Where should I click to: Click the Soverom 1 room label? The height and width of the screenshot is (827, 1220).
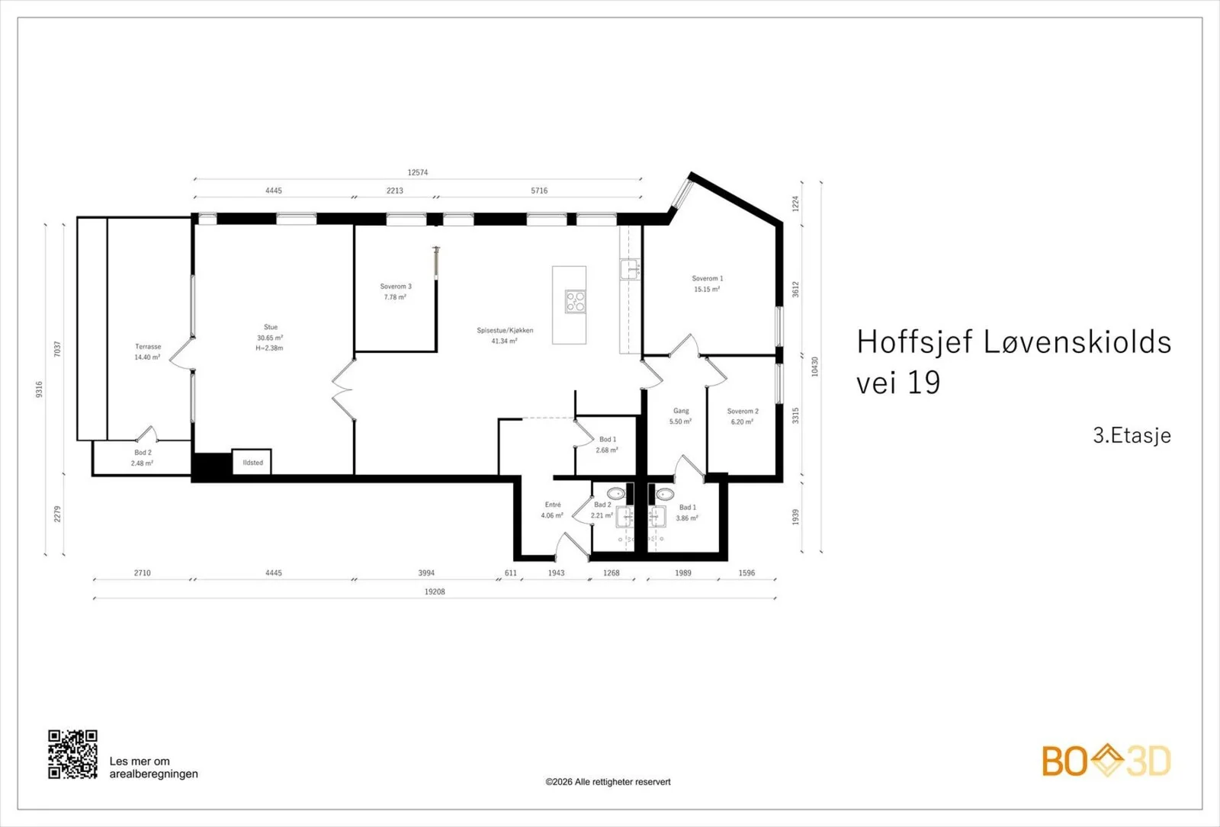coord(708,278)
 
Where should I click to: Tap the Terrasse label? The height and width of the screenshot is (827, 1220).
coord(148,346)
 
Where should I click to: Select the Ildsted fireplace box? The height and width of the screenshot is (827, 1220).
coord(252,462)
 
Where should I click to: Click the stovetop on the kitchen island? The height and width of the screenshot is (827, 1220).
coord(575,301)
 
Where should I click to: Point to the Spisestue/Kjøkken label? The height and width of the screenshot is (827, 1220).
coord(505,330)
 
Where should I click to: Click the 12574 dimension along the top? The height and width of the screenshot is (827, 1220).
coord(418,172)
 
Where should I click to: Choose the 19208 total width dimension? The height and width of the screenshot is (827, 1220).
coord(435,591)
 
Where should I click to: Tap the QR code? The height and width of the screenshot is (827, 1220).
coord(73,754)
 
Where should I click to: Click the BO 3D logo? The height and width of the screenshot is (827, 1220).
coord(1106,761)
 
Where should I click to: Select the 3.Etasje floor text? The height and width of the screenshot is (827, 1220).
coord(1132,435)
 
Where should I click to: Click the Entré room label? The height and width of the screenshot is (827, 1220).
coord(553,505)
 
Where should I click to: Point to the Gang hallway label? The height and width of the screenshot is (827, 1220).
coord(681,411)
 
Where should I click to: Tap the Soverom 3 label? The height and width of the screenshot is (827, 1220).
coord(396,287)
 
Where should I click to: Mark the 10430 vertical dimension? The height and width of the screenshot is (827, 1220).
coord(815,367)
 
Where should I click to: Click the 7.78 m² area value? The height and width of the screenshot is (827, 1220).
coord(396,297)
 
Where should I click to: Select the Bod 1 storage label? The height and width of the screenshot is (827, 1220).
coord(608,439)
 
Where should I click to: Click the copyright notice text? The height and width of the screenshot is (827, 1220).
coord(608,782)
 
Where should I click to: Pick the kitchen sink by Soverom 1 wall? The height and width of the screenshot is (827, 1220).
coord(630,269)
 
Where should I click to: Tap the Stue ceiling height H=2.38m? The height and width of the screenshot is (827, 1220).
coord(270,348)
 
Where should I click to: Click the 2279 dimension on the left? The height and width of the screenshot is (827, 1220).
coord(58,514)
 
